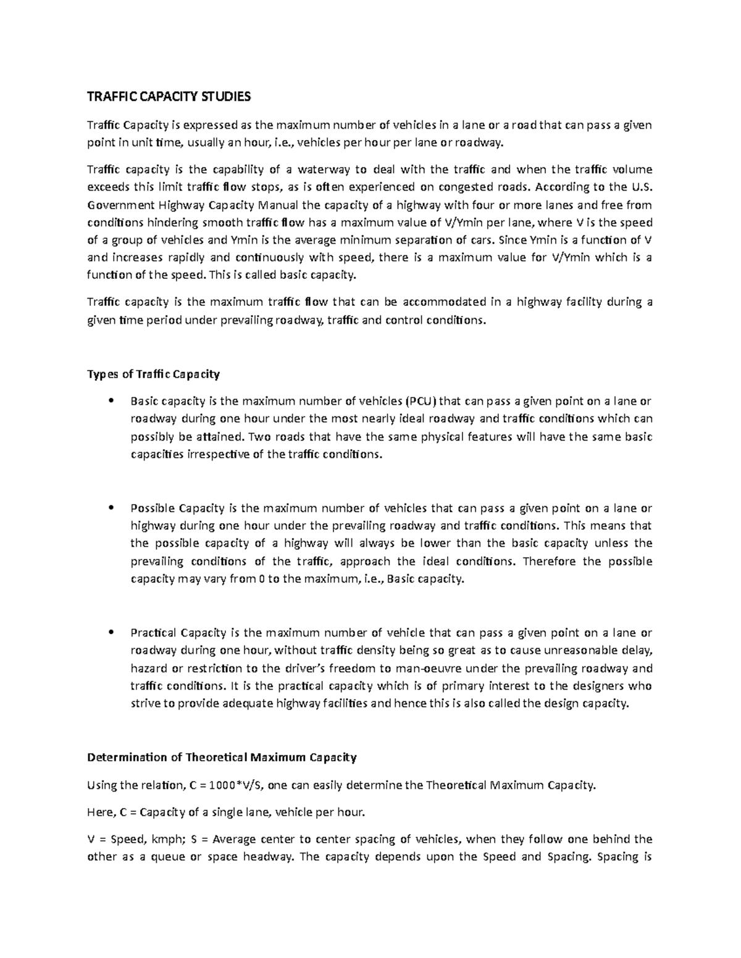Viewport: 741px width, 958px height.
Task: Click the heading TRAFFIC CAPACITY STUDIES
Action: click(x=169, y=96)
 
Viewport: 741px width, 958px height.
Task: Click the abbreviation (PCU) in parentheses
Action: click(x=420, y=401)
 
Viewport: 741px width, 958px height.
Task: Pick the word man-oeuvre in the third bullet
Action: click(x=432, y=668)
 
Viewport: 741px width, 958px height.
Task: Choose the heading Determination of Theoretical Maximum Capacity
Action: click(x=222, y=757)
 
